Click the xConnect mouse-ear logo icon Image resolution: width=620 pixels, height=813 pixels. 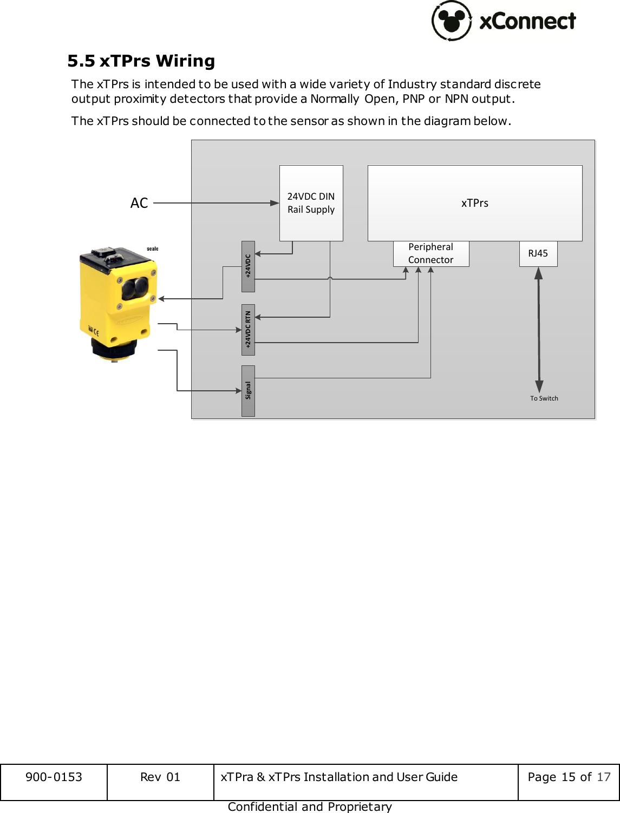(x=452, y=21)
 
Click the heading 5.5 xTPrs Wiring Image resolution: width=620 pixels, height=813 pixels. (x=141, y=61)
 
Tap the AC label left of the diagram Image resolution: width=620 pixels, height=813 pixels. (x=139, y=203)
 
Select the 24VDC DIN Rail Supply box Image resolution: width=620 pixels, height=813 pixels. (x=311, y=203)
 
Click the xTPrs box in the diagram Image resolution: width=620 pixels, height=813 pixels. (x=474, y=203)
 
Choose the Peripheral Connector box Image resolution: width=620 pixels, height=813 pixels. (x=430, y=253)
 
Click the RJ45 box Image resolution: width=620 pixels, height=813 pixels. (x=538, y=253)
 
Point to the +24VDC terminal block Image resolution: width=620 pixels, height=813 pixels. (x=248, y=266)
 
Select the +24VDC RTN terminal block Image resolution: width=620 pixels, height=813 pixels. (x=248, y=330)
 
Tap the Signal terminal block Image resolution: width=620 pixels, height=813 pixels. (x=248, y=390)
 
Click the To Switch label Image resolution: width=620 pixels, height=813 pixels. (x=544, y=398)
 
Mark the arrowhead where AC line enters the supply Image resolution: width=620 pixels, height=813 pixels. (x=275, y=203)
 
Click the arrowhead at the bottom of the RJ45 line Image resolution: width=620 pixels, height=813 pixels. (x=539, y=386)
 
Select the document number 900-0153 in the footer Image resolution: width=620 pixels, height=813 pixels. (x=54, y=777)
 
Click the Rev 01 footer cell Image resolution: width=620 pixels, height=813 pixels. (x=160, y=777)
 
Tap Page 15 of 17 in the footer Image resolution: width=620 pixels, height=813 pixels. (x=569, y=777)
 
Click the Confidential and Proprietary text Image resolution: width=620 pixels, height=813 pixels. (x=310, y=807)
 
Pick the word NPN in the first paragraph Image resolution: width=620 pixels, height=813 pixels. (x=456, y=99)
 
